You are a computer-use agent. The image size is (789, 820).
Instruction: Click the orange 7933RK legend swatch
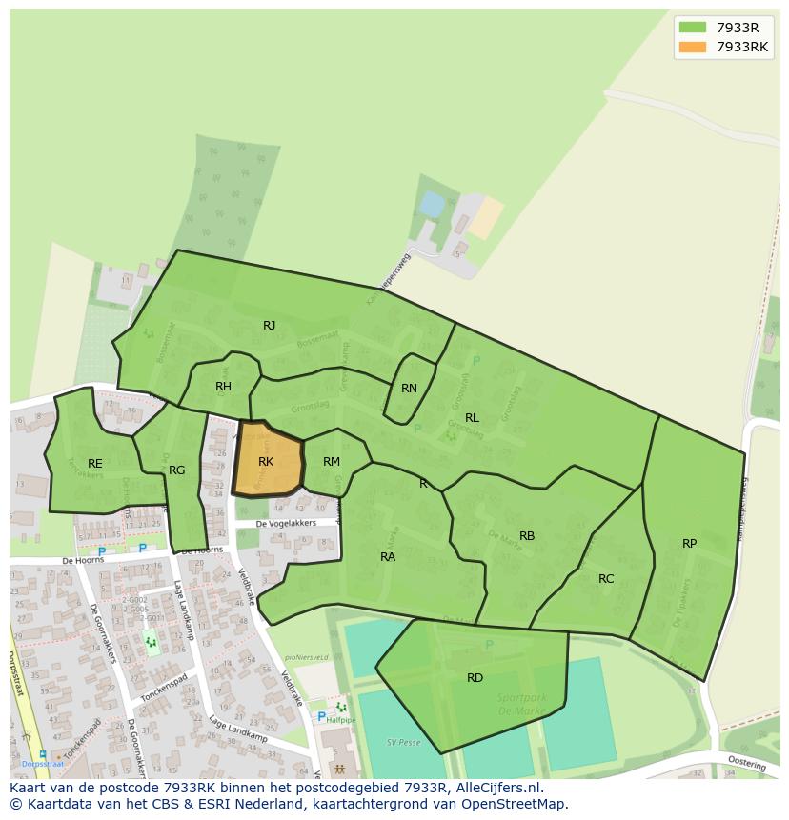click(693, 48)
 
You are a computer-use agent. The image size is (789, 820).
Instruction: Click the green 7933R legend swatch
click(693, 28)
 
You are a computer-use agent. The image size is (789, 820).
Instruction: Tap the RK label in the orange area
click(266, 462)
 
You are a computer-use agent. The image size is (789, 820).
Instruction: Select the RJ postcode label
click(270, 326)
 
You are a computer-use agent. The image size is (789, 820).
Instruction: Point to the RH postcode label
click(223, 387)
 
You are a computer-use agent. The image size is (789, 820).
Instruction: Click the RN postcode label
click(409, 389)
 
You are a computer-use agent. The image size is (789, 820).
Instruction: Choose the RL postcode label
click(472, 418)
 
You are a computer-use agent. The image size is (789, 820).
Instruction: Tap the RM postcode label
click(332, 462)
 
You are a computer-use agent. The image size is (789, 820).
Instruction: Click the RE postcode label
click(95, 464)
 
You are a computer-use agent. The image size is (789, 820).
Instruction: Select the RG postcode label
click(177, 470)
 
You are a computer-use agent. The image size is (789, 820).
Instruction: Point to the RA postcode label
click(388, 557)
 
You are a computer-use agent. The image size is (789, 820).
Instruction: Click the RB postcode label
click(527, 536)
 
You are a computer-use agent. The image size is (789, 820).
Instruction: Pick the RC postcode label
click(606, 579)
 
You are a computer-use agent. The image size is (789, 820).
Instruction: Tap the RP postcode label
click(689, 544)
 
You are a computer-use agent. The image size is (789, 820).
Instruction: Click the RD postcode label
click(475, 678)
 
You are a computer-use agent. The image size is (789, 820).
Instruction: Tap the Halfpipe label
click(340, 721)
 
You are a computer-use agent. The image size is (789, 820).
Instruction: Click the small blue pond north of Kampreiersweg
click(432, 204)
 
